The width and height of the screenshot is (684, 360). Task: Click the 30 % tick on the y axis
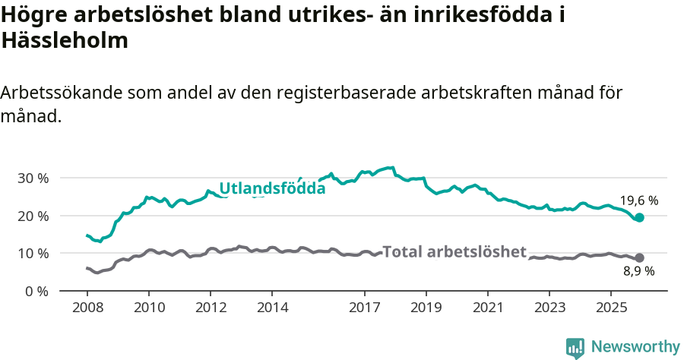(33, 178)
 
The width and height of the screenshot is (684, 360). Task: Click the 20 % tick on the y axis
(33, 216)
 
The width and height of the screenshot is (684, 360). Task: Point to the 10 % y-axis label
(33, 253)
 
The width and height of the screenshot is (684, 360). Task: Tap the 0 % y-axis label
(37, 291)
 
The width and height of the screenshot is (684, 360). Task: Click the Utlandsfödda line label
(272, 188)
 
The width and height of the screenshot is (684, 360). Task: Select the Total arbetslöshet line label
(454, 251)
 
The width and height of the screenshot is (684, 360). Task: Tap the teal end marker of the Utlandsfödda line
(639, 217)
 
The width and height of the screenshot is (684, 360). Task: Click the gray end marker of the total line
(639, 257)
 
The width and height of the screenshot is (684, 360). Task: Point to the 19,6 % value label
(638, 201)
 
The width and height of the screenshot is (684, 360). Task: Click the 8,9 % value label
(638, 271)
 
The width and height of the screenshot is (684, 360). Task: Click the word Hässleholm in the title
(65, 41)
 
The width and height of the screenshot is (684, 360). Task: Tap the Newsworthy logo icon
(575, 347)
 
